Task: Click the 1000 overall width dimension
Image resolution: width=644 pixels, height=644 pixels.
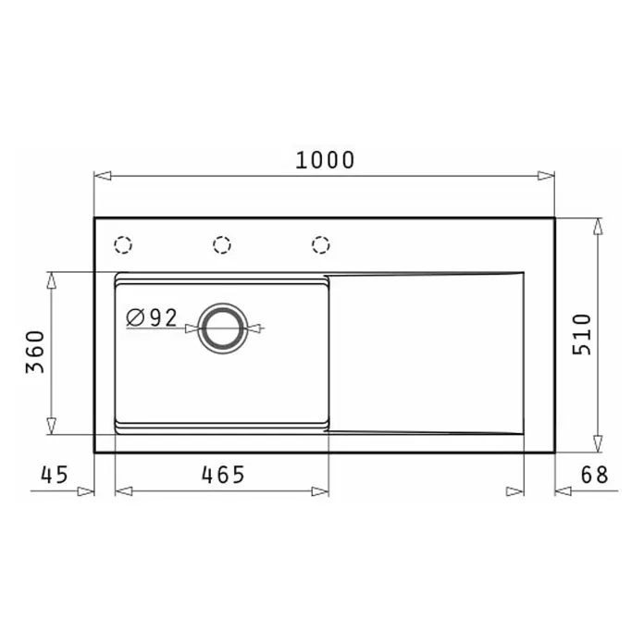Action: (x=325, y=160)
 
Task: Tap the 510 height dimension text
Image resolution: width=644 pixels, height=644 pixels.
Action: (x=582, y=334)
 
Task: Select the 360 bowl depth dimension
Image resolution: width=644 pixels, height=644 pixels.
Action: (x=35, y=352)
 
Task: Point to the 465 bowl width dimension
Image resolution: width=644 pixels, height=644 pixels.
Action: (x=223, y=475)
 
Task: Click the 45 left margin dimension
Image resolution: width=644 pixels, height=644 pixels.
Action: (x=55, y=475)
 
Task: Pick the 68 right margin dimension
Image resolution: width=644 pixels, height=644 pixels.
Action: (x=594, y=475)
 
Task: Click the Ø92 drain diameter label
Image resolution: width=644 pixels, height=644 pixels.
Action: (x=152, y=317)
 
